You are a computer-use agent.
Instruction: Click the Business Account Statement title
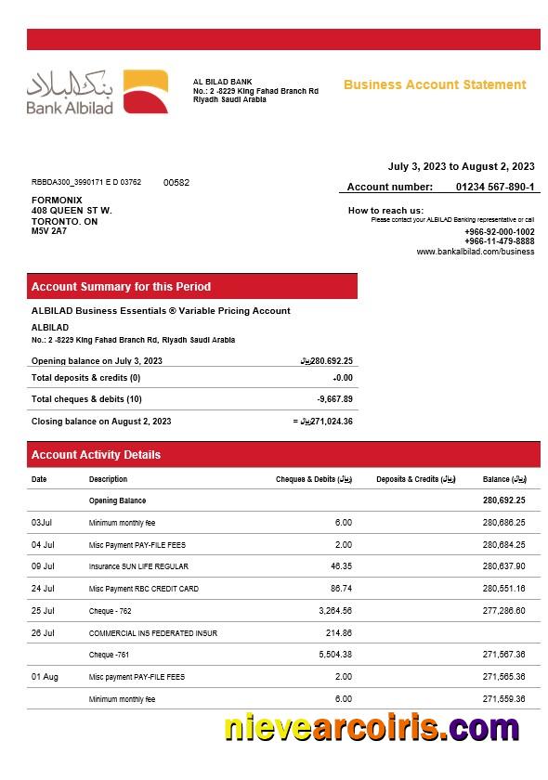point(435,84)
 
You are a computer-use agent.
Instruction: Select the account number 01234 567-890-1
point(495,187)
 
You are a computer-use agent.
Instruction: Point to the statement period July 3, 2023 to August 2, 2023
point(461,166)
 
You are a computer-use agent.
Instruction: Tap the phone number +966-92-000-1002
point(500,231)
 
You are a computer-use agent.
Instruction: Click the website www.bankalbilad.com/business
point(475,252)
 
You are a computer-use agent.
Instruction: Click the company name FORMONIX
point(57,200)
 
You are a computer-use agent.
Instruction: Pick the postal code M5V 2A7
point(49,231)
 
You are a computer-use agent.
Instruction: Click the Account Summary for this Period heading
point(121,287)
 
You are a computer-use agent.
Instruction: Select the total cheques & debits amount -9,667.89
point(334,399)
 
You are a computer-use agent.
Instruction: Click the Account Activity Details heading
point(96,455)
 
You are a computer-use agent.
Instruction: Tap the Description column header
point(108,479)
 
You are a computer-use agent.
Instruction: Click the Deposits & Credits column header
point(416,479)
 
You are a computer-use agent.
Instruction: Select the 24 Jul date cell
point(43,589)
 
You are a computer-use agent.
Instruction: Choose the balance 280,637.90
point(503,566)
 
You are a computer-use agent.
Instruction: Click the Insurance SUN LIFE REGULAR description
point(138,566)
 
